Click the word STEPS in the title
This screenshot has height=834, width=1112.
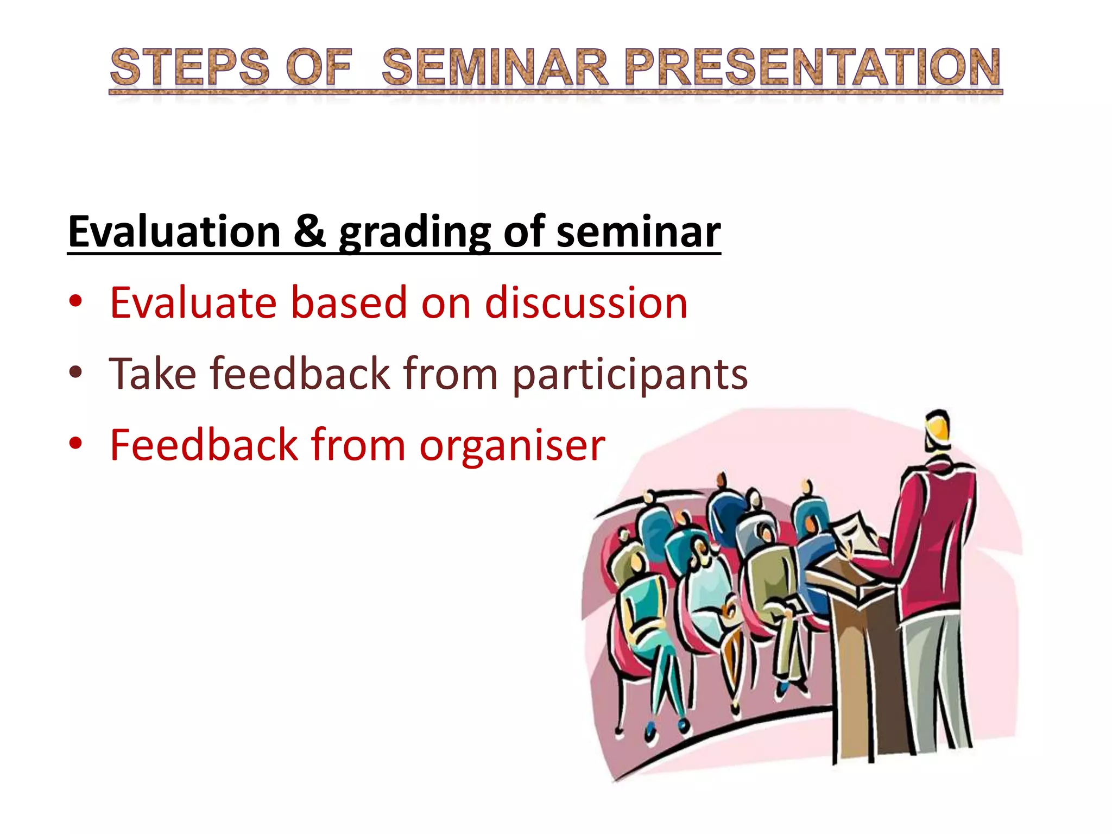[189, 67]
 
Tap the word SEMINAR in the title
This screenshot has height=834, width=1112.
[495, 67]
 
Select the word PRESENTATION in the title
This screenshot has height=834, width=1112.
[812, 67]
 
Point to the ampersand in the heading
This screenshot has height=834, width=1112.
[309, 232]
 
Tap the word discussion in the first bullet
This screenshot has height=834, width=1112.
[586, 302]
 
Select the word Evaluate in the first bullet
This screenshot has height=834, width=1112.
[193, 302]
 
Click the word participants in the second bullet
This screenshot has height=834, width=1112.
[630, 375]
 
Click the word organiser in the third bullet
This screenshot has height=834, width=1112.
[511, 445]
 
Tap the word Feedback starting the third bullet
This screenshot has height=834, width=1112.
[204, 445]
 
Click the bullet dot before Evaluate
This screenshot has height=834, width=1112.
[75, 301]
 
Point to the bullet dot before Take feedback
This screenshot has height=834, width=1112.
[75, 373]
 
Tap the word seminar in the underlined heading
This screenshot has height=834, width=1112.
[639, 232]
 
